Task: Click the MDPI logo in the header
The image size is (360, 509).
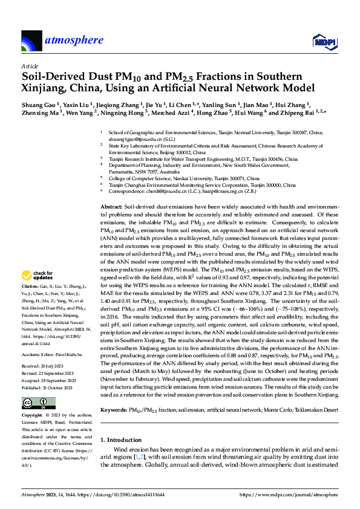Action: tap(324, 41)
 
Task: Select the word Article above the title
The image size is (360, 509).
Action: tap(29, 66)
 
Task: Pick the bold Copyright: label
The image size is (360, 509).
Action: tap(32, 399)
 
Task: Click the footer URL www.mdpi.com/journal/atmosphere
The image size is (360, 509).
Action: tap(289, 494)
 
